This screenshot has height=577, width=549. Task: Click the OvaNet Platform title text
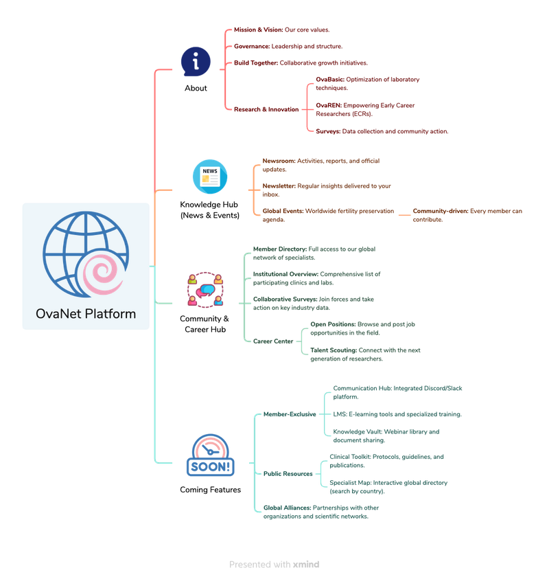[x=86, y=314]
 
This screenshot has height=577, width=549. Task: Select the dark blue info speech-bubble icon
[x=196, y=62]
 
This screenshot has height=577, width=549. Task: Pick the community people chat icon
[x=205, y=290]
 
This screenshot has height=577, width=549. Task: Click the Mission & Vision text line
[x=282, y=30]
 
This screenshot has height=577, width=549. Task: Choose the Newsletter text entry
[x=327, y=190]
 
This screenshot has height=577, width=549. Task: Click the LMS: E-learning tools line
[x=397, y=414]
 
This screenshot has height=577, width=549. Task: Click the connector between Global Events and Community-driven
[x=404, y=215]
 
